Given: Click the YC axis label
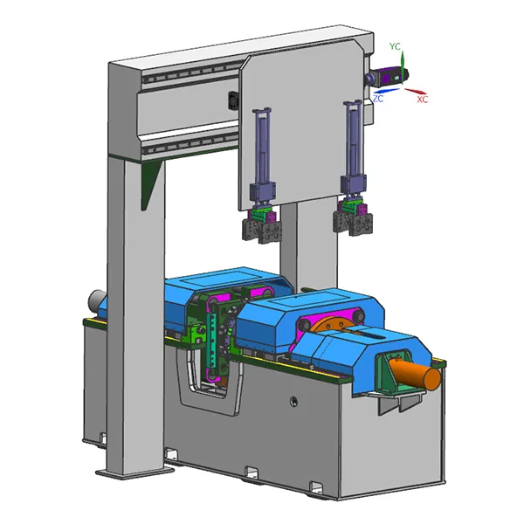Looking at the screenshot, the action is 395,46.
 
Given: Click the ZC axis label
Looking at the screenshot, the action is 378,99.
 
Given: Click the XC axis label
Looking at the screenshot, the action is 423,100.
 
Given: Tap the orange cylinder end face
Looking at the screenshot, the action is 432,379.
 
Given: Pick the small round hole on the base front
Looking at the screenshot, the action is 293,400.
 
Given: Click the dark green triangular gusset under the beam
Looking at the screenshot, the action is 149,183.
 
